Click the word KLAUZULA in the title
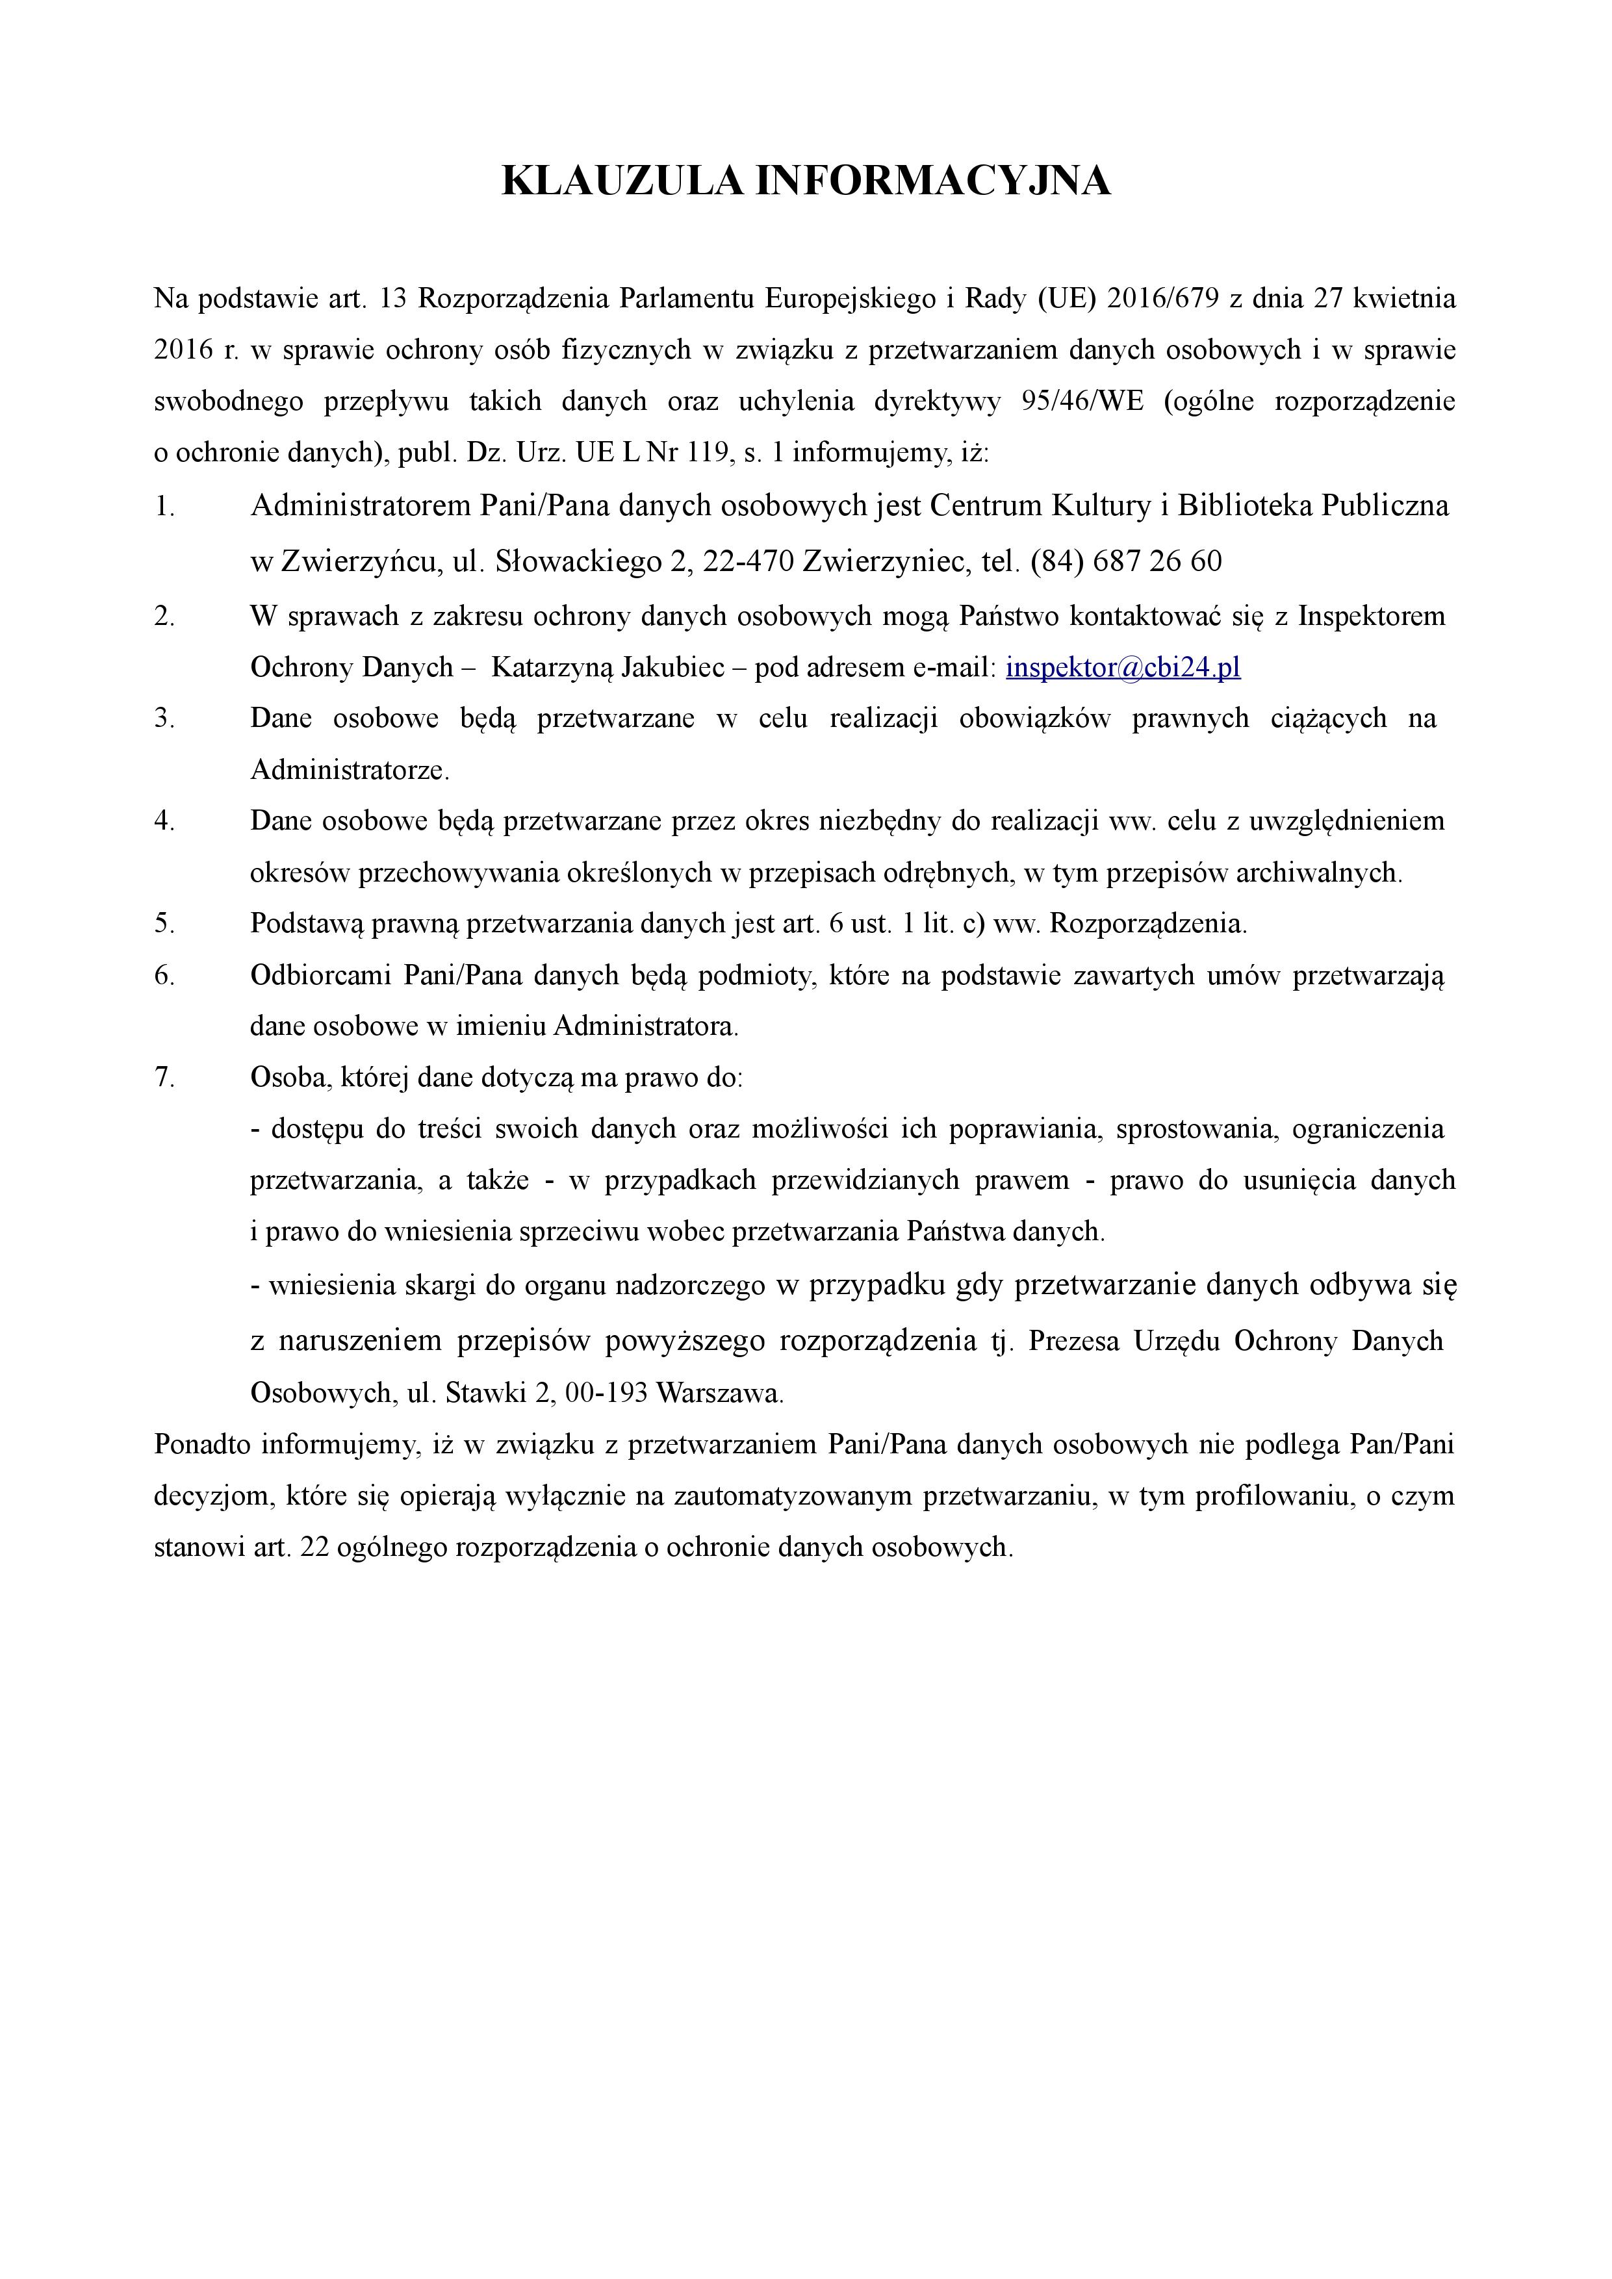click(622, 182)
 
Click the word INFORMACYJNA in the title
click(933, 182)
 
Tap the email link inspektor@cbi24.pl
click(1123, 667)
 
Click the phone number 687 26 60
click(1157, 562)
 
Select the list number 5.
click(165, 924)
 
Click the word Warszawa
click(720, 1394)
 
